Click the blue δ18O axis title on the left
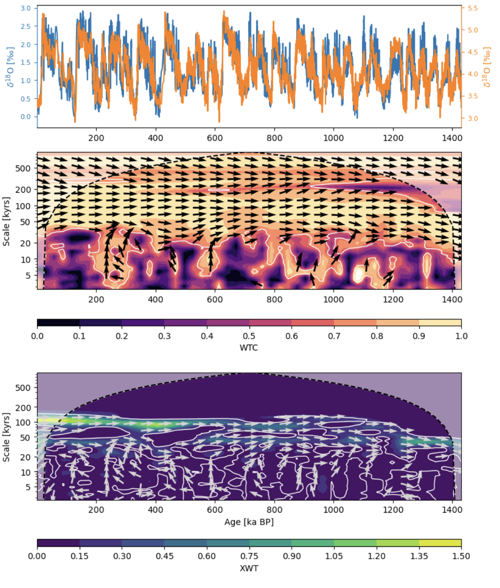[x=9, y=67]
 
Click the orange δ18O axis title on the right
[x=487, y=67]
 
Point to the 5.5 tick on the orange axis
[x=473, y=9]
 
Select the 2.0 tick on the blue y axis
[x=26, y=44]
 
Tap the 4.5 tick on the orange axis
[x=473, y=52]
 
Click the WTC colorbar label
[x=249, y=348]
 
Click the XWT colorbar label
[x=249, y=568]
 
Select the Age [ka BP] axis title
[x=249, y=522]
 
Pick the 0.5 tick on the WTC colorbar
[x=249, y=336]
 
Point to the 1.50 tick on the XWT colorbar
[x=461, y=556]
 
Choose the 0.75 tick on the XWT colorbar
[x=249, y=556]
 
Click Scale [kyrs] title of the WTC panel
[x=6, y=221]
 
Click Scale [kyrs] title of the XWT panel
[x=6, y=437]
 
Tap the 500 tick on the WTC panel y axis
[x=24, y=169]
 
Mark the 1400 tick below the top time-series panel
[x=452, y=138]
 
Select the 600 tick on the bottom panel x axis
[x=215, y=510]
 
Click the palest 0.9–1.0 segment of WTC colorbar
[x=440, y=323]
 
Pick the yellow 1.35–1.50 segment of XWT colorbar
[x=440, y=543]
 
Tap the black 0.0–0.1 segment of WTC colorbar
[x=58, y=323]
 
